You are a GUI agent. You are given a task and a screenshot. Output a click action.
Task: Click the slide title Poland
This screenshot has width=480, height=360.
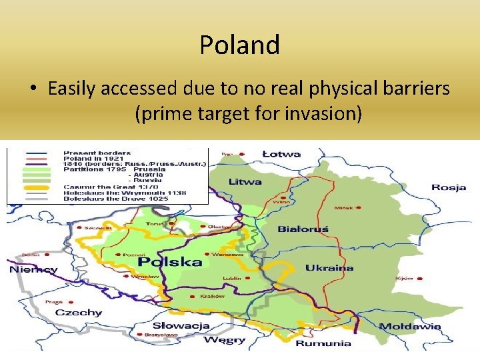pos(239,45)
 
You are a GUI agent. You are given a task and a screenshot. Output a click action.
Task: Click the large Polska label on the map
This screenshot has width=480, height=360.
pos(170,261)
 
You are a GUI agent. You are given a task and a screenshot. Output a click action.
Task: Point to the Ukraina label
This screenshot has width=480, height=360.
pos(329,268)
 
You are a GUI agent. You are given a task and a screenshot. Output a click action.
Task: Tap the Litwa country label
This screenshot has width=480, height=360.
pos(245,181)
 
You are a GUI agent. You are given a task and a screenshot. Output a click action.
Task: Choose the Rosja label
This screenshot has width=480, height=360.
pos(448,187)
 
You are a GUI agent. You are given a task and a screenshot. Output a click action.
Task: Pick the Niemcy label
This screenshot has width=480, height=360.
pos(33,270)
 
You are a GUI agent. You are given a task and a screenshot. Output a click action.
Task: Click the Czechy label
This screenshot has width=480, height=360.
pos(78,312)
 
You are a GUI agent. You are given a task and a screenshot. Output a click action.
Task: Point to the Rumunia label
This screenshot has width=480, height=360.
pos(324,343)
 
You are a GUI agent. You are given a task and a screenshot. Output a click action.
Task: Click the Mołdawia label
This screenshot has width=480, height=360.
pos(410,327)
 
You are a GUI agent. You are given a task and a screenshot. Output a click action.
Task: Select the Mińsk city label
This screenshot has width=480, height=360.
pos(343,207)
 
